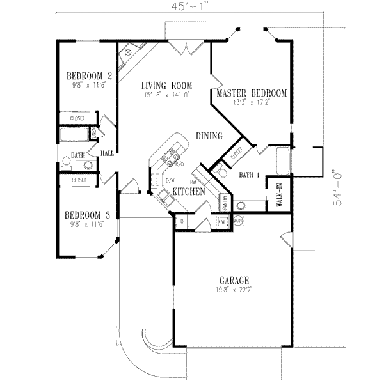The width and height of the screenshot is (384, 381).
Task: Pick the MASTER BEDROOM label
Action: pyautogui.click(x=251, y=93)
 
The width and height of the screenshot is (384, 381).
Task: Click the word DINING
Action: pyautogui.click(x=209, y=136)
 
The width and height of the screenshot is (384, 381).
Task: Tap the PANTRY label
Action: pyautogui.click(x=225, y=203)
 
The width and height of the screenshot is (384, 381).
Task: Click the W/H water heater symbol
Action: pyautogui.click(x=238, y=221)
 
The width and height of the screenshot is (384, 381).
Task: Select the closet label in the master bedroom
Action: pyautogui.click(x=236, y=152)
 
